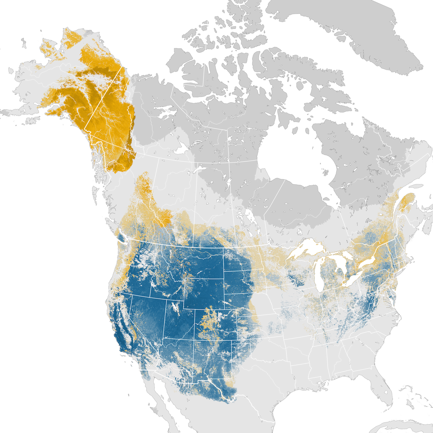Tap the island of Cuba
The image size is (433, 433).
415,429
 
